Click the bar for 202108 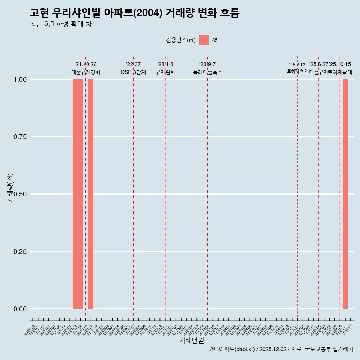point(75,194)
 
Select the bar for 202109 point(80,194)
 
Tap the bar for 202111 point(91,194)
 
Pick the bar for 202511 point(345,194)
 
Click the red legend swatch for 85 point(204,40)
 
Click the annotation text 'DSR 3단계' point(133,72)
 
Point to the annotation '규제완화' point(165,72)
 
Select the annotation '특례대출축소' point(208,72)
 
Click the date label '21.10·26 point(85,64)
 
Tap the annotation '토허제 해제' point(297,71)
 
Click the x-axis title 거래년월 point(191,340)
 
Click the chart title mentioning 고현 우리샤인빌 point(134,13)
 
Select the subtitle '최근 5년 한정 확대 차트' point(64,24)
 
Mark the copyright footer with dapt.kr point(281,349)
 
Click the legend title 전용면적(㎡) point(180,40)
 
